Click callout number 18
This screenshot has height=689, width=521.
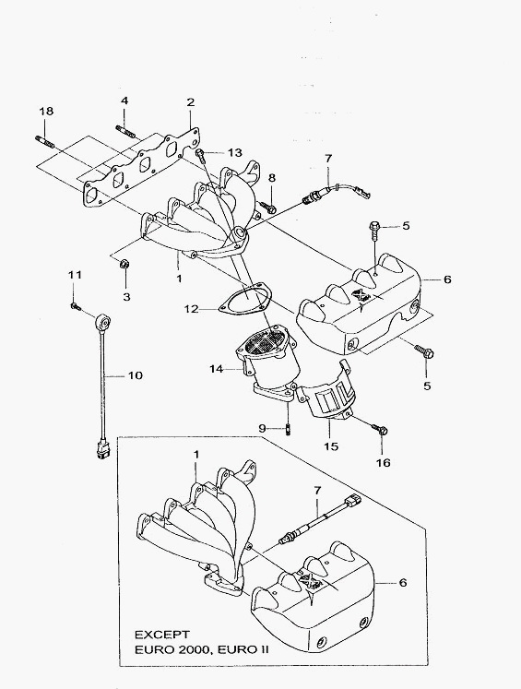point(46,112)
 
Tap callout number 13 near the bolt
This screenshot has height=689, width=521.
point(235,152)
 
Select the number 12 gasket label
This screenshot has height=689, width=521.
point(192,309)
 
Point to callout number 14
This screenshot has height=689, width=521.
point(217,369)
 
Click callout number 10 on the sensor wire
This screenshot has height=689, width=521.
point(136,375)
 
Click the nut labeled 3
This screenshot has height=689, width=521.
point(124,264)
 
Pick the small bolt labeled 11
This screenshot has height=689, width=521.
point(75,306)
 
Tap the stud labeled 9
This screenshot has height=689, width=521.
point(288,429)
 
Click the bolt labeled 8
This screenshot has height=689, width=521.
point(267,207)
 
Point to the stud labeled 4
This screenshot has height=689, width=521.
point(124,131)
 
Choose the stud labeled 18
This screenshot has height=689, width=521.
point(44,142)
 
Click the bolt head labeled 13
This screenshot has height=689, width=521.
point(200,154)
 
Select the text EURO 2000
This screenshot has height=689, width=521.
point(171,650)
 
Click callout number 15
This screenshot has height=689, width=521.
point(332,446)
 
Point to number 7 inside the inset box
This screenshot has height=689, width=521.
point(316,490)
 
